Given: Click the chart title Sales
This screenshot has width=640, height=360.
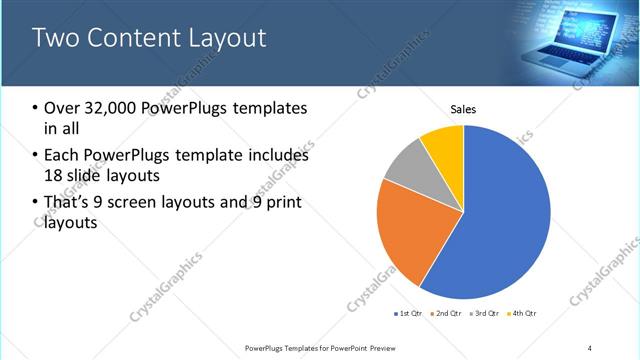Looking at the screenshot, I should [463, 109].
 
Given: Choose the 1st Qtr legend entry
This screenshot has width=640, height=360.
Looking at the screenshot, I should [408, 314].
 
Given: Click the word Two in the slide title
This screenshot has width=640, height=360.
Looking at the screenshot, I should [54, 38].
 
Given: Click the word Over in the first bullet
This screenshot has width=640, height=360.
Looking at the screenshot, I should [61, 108].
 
